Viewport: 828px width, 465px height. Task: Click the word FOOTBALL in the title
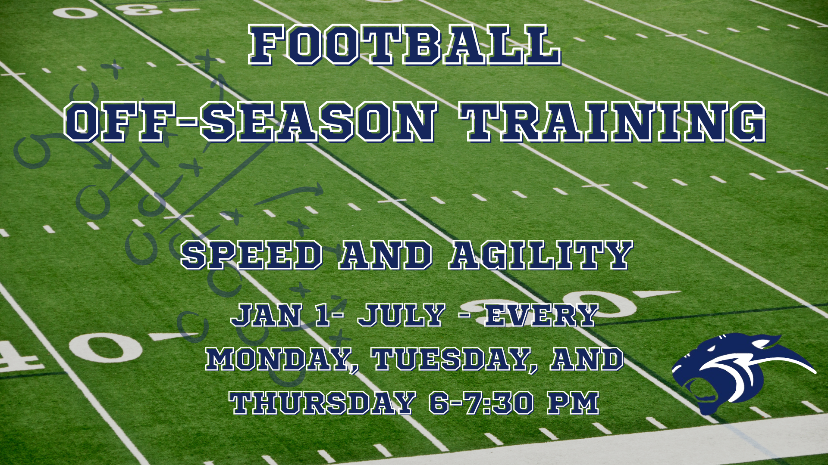405,45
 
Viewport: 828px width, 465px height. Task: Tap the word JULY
401,315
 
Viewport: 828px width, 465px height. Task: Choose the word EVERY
542,315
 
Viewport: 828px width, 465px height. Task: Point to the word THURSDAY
322,403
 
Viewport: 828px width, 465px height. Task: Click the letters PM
574,403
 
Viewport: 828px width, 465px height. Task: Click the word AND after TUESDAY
587,360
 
